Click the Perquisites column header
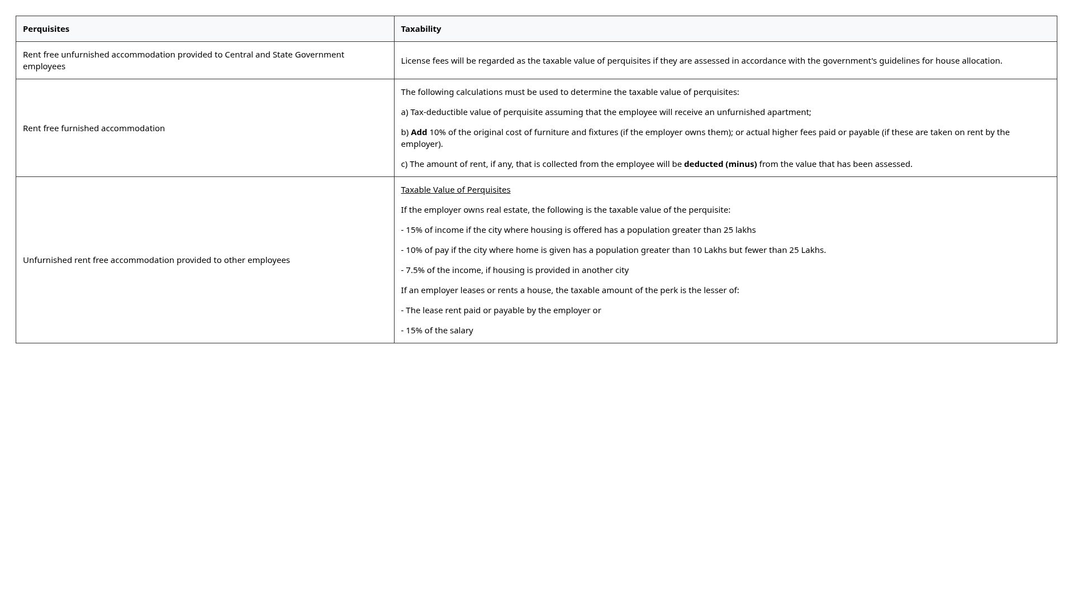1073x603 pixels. coord(46,29)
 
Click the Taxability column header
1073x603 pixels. coord(421,29)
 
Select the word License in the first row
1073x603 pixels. coord(415,61)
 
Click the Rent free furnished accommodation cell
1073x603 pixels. coord(94,128)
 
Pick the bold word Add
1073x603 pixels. coord(419,132)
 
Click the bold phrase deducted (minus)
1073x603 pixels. coord(720,164)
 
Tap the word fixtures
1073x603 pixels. coord(603,132)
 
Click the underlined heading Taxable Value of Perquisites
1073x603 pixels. coord(455,190)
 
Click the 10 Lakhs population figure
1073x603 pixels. coord(709,250)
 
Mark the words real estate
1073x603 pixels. coord(510,210)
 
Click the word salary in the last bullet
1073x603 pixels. coord(461,331)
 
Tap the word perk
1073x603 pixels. coord(668,290)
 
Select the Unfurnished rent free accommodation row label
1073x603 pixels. coord(156,260)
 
